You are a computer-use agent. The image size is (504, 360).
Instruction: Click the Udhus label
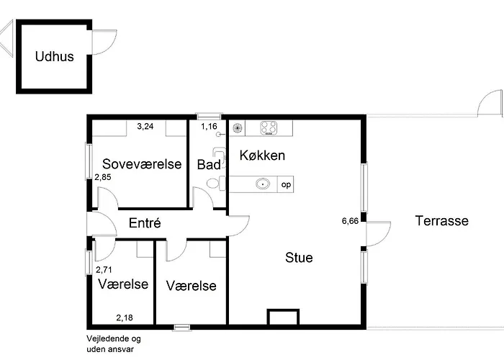coord(55,56)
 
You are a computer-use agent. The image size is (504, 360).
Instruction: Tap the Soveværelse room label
coord(141,163)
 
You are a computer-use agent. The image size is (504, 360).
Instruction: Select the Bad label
coord(208,164)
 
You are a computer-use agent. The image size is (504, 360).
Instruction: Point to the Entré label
coord(144,223)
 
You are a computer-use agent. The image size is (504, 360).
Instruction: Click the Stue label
coord(299,257)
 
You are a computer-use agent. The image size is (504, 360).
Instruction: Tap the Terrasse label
coord(441,221)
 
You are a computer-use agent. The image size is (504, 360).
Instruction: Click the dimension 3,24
coord(145,126)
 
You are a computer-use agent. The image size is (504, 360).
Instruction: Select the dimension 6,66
coord(350,222)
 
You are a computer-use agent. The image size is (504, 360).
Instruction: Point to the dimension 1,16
coord(209,127)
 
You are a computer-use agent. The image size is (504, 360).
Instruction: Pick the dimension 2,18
coord(125,317)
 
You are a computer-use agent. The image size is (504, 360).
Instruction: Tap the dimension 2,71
coord(105,269)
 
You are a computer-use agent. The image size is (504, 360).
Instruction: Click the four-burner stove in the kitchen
coord(269,128)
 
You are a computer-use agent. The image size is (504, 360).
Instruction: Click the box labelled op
coord(286,184)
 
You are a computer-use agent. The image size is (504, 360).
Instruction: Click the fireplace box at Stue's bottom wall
coord(282,318)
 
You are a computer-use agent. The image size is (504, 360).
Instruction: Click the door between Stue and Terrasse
coord(377,233)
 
